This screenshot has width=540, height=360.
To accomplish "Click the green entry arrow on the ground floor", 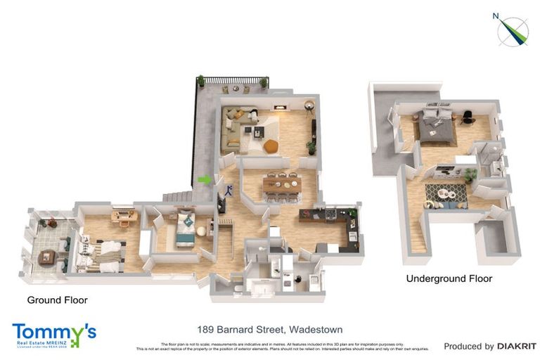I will coord(204,180).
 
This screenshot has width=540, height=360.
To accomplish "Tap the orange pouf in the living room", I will coord(271,146).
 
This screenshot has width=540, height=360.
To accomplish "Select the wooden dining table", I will coord(282,184).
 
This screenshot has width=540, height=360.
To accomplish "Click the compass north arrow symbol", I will coord(513,30).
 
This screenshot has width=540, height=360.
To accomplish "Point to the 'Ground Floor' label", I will coord(57,300).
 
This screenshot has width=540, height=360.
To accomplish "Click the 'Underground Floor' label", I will coord(449,278).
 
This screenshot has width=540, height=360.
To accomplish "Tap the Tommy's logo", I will coord(53,335).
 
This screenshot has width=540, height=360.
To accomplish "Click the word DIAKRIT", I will coord(517,346).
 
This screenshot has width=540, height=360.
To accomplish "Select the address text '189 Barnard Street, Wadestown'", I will coord(270,328).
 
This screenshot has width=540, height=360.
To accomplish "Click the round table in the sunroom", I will coord(46,257).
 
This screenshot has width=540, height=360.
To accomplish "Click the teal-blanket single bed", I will coord(185,230).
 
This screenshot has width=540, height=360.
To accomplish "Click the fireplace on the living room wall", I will coord(280,108).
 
